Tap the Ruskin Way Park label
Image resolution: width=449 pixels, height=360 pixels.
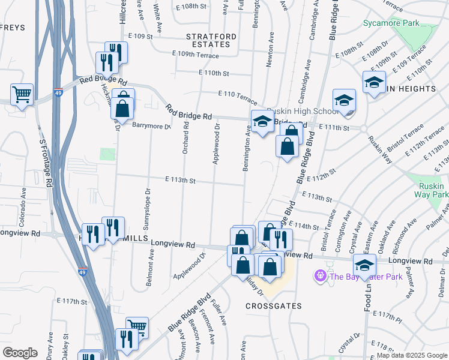[x=432, y=190]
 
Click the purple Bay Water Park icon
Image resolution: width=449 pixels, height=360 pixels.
[x=320, y=275]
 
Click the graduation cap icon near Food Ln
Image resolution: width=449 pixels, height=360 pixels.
[x=364, y=264]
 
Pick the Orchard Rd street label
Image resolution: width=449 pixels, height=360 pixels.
[x=186, y=136]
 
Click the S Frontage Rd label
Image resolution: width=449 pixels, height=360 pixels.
[x=43, y=158]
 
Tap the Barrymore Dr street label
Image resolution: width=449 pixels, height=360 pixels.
[x=152, y=126]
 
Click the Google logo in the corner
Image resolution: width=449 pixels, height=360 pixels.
[x=20, y=353]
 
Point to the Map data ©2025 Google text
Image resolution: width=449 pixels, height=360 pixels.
[x=411, y=355]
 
